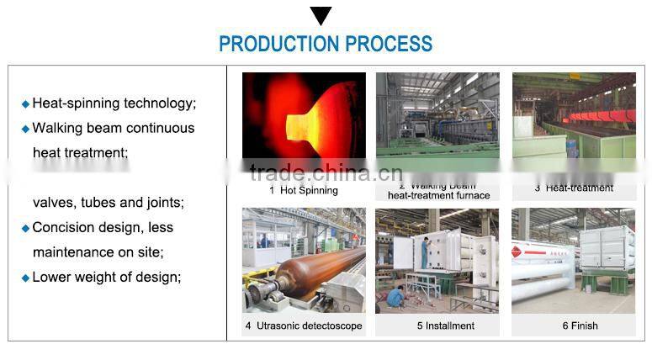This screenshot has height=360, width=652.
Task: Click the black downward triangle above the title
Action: pos(321,15)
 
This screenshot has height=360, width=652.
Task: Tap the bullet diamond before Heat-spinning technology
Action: pos(25,104)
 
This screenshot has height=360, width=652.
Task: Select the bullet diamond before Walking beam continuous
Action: pos(25,129)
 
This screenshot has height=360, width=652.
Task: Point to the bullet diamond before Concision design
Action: pos(25,228)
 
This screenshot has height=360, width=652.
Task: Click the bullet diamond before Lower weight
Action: pos(25,278)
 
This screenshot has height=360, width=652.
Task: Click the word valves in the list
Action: pos(52,203)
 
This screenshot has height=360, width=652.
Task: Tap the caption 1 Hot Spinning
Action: pos(304,190)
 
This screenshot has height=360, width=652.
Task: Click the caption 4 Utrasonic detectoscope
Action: pos(304,326)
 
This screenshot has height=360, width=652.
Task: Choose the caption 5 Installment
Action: pos(437,326)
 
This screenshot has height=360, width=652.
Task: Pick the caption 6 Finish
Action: pos(573,326)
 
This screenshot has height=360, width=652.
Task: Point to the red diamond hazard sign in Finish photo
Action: pos(517,251)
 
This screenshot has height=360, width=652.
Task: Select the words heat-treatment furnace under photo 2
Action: pos(437,195)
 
